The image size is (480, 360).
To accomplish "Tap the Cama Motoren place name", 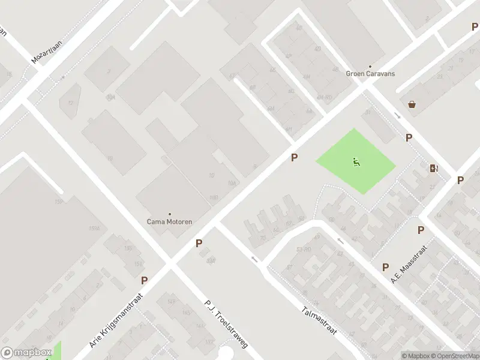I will click(x=170, y=221).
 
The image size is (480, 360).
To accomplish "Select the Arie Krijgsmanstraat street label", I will click(x=116, y=320).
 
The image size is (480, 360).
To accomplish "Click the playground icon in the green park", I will click(x=356, y=161).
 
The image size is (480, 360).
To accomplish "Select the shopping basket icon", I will click(x=412, y=104).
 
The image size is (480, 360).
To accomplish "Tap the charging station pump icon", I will click(x=434, y=168).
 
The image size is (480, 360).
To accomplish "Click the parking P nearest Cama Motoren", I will click(x=199, y=244).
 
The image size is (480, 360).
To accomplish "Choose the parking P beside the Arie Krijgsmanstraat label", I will click(x=144, y=280).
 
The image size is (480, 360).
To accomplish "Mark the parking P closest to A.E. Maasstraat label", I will click(x=385, y=267).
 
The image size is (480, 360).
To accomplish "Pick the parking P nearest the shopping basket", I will click(x=409, y=137).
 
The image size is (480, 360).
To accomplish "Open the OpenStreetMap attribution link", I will click(x=457, y=356).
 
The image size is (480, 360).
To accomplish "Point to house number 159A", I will click(x=94, y=229).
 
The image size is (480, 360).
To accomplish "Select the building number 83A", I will click(x=210, y=260).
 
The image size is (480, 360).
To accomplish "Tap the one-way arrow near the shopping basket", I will click(x=397, y=115).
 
